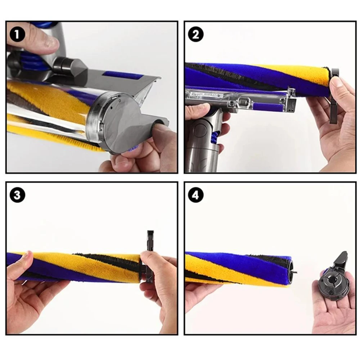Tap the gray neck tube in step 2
[x=202, y=144]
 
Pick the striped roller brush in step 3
[x=79, y=266]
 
